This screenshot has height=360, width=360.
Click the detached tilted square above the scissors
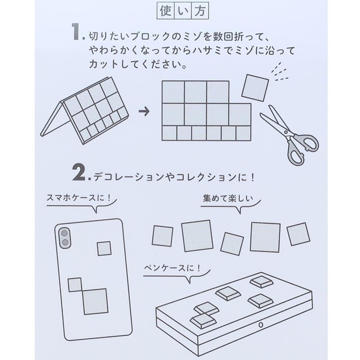pos(255,87)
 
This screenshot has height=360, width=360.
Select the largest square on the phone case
pos(94,301)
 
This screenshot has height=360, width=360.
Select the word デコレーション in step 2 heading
pos(122,177)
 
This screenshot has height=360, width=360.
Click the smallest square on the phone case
pos(104,248)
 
